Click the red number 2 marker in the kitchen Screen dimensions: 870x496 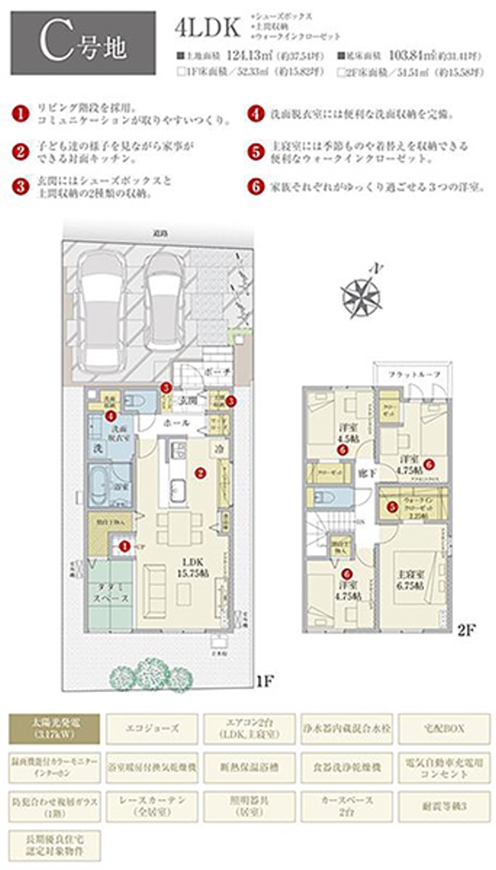[199, 474]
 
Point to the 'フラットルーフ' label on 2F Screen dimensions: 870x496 [413, 374]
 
